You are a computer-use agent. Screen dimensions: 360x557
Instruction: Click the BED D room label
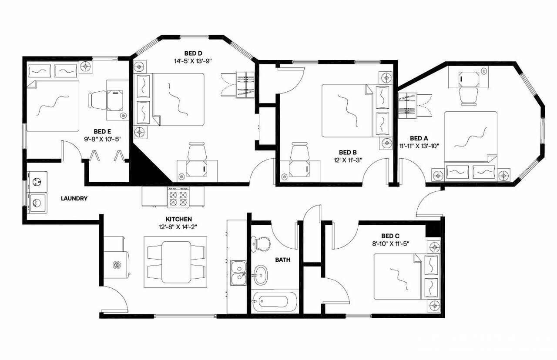193,53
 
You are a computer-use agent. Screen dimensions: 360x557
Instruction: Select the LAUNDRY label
74,199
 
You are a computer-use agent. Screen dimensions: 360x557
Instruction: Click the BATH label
282,260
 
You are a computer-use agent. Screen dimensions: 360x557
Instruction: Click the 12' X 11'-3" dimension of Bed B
348,160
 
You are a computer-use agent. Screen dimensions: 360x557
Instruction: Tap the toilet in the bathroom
261,243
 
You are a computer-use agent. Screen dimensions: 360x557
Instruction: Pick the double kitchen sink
239,273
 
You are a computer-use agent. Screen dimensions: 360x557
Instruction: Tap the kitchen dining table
176,262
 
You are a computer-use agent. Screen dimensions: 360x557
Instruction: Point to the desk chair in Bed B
299,153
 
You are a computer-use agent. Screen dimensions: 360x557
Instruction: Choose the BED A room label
416,138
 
